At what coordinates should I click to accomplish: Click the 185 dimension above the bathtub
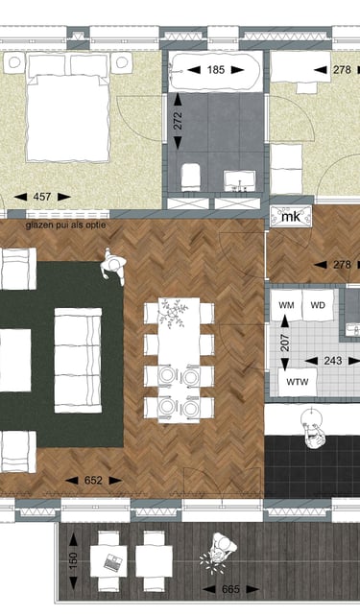tap(216, 70)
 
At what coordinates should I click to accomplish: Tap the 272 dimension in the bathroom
tap(178, 121)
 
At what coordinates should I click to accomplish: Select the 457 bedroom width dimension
tap(42, 197)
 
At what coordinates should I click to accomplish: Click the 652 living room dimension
tap(93, 480)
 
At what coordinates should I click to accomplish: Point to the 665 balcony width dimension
tap(230, 589)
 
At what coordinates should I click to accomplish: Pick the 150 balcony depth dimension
tap(73, 558)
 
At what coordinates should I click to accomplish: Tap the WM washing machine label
tap(286, 305)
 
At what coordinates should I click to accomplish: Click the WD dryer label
tap(318, 305)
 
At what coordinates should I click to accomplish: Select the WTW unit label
tap(297, 382)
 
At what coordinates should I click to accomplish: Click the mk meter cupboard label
tap(291, 216)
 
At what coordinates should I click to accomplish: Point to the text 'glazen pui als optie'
tap(65, 225)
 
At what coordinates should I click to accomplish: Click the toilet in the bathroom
tap(191, 178)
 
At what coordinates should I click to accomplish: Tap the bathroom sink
tap(239, 180)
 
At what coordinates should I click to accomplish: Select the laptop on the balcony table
tap(113, 562)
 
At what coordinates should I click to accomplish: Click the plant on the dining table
tap(174, 313)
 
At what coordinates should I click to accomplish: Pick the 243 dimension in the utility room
tap(332, 361)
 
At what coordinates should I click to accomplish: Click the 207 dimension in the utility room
tap(285, 343)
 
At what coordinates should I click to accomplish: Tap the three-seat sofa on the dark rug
tap(78, 360)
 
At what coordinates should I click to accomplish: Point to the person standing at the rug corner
tap(112, 266)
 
